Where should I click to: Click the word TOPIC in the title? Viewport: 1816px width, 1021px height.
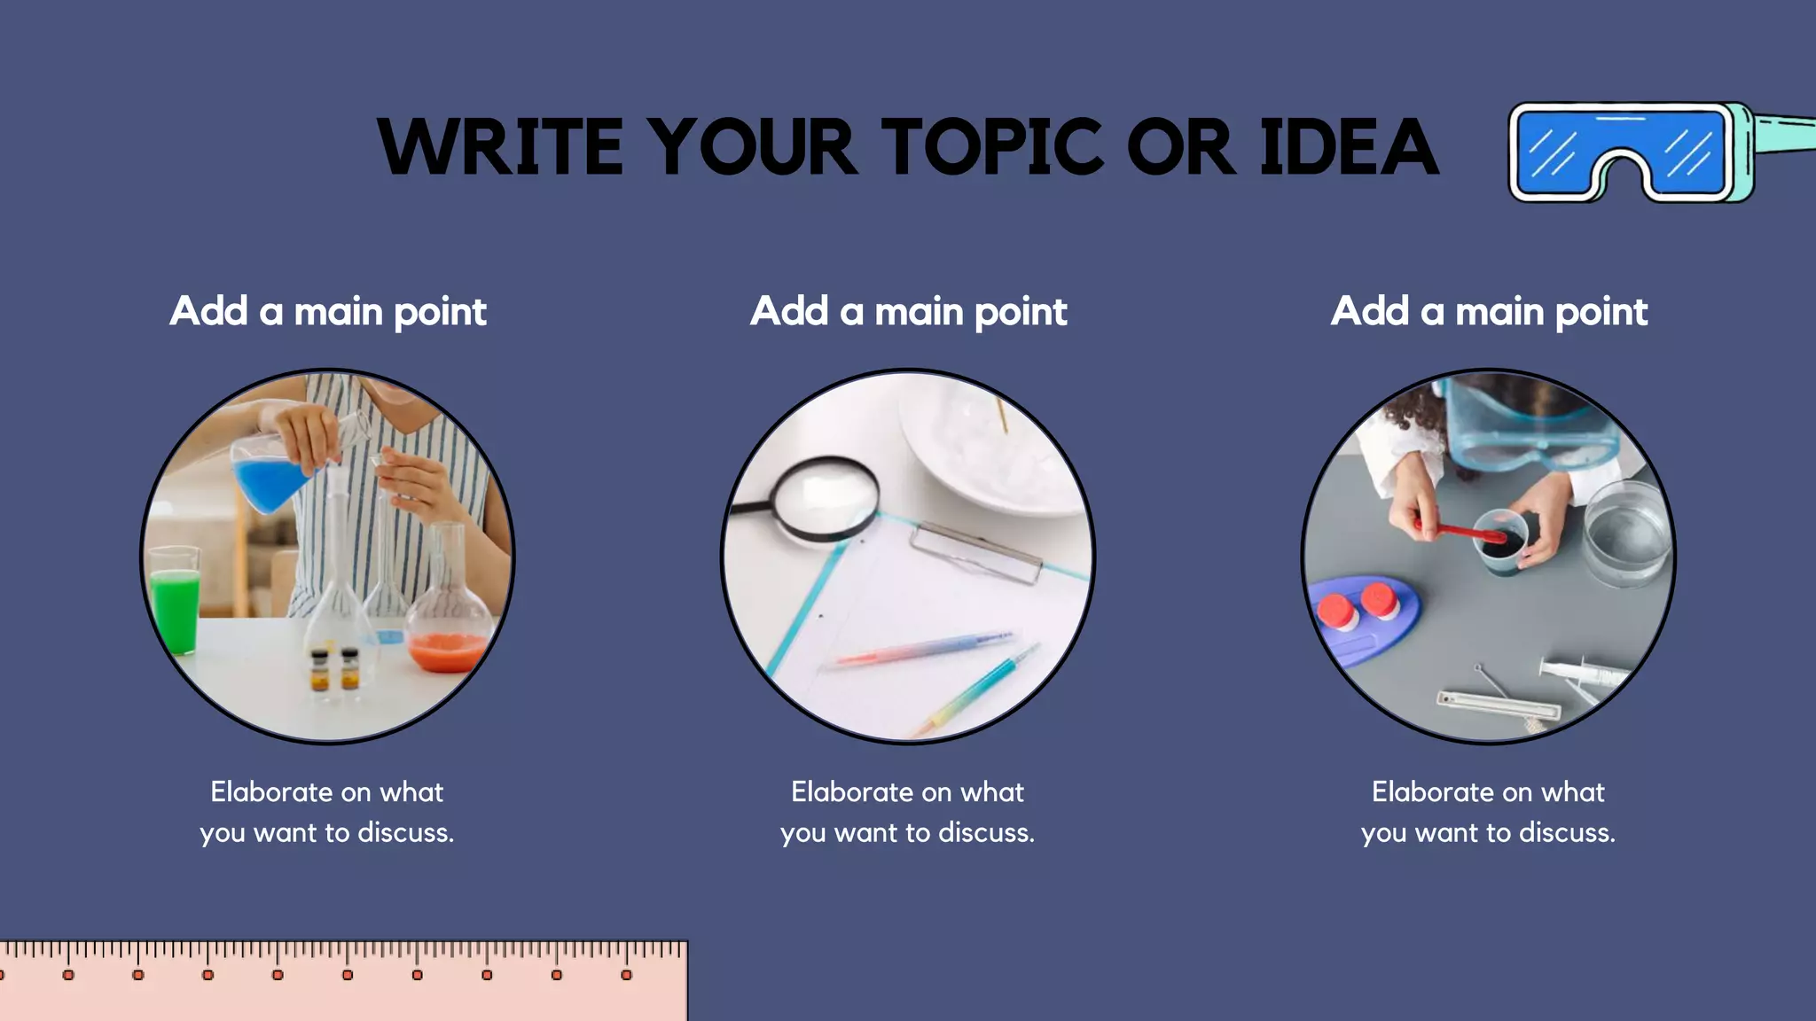992,146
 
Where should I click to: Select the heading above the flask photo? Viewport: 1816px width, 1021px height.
328,312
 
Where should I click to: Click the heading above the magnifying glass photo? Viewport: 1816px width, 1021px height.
908,312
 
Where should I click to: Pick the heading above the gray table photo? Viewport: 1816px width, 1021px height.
1489,312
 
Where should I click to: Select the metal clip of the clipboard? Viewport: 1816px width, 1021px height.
975,552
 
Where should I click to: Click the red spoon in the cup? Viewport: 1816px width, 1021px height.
1463,532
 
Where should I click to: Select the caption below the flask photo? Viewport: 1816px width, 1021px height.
327,812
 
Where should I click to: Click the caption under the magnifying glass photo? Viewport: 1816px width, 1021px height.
908,812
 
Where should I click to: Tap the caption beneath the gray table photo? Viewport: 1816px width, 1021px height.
1489,812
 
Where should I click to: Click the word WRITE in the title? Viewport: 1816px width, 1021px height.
501,146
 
